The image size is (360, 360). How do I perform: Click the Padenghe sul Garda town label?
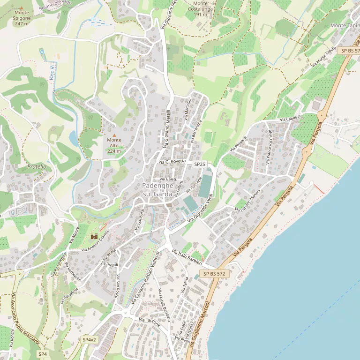point(158,190)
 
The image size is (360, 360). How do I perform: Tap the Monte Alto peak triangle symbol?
point(114,135)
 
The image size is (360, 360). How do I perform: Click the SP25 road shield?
point(200,164)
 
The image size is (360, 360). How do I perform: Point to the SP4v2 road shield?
point(89,339)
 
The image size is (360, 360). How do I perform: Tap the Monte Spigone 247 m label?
point(22,18)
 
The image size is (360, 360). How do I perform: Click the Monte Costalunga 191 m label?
point(200,9)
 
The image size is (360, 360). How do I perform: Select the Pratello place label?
point(37,166)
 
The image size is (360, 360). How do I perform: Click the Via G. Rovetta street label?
point(172,162)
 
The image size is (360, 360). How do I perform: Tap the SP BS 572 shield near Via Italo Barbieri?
point(214,273)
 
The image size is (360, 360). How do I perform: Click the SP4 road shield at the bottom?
point(43,353)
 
